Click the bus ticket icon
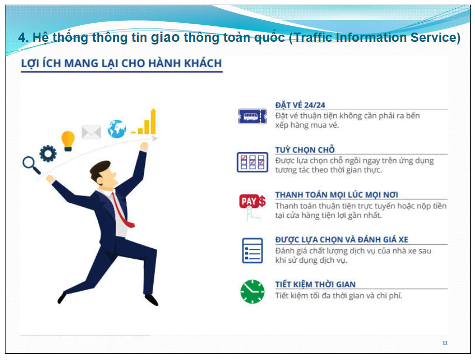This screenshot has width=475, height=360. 253,116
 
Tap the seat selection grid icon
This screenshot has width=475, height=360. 253,162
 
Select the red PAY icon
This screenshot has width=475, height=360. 253,201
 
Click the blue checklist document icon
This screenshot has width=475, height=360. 253,250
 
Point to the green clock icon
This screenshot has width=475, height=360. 253,292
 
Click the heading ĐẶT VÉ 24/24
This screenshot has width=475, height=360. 300,105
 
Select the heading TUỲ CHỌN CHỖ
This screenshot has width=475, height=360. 305,149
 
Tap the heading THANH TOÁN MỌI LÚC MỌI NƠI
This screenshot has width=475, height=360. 336,194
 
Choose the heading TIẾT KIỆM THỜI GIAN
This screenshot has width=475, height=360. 315,284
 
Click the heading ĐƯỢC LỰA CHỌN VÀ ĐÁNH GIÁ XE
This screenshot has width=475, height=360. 342,239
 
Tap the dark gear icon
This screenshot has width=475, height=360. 48,154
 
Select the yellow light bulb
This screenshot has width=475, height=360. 68,141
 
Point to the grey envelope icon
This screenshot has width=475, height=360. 91,132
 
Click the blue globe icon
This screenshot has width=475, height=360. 116,129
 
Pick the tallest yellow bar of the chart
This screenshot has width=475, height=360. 153,121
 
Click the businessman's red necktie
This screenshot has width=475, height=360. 123,211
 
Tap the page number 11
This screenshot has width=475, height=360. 444,343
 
